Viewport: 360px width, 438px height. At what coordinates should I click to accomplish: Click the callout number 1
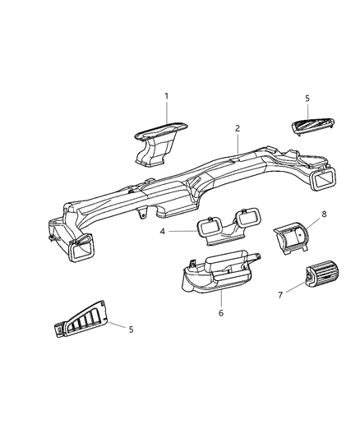click(166, 96)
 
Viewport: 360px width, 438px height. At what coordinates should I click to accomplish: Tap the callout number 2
click(237, 129)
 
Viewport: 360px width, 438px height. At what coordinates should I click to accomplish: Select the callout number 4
click(163, 232)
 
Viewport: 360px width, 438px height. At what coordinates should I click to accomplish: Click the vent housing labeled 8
click(292, 238)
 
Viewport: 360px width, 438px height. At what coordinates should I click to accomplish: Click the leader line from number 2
click(236, 145)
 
